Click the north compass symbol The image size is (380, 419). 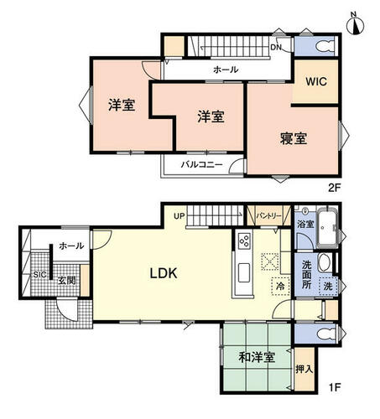point(355,23)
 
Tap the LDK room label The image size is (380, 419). point(164,273)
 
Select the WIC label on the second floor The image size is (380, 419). point(316,81)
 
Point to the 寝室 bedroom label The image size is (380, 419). point(294,138)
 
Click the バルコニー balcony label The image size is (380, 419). point(201,164)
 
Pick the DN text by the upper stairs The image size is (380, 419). point(276,47)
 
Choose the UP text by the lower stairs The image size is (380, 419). point(180,216)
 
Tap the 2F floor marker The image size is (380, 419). point(335,188)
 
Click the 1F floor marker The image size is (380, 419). point(335,387)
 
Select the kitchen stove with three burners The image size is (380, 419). point(244,241)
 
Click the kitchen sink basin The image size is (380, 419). point(244,272)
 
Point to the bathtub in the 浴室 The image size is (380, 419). point(327,228)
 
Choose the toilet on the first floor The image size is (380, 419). point(327,334)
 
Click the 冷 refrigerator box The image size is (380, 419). point(280,286)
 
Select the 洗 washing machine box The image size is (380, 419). point(328,286)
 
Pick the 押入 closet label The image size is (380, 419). point(305,370)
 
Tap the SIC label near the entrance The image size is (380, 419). point(39,275)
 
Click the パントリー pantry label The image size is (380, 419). point(268,216)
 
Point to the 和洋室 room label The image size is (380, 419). point(257,357)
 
